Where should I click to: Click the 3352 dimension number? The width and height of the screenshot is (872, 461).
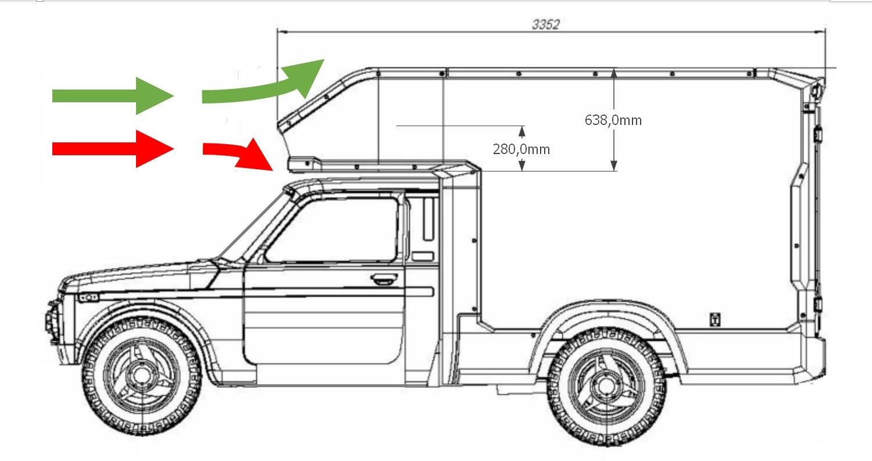pos(545,24)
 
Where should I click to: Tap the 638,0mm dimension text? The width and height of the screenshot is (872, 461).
pos(613,120)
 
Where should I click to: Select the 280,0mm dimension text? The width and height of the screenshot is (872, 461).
pos(521,149)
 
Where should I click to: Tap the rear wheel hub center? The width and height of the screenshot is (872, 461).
pos(606,384)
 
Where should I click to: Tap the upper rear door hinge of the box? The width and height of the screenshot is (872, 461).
pos(817,134)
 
